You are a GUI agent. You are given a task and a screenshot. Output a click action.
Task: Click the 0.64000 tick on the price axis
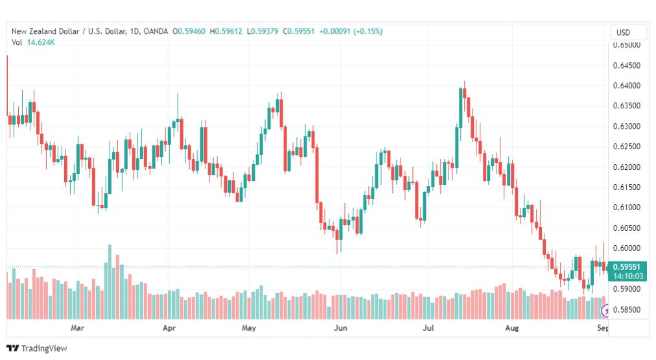(626, 86)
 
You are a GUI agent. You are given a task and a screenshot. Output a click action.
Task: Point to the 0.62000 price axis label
(626, 167)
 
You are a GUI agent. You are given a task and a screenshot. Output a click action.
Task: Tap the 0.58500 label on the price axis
(626, 309)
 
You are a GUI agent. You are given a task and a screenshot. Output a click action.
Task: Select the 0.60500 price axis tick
(626, 228)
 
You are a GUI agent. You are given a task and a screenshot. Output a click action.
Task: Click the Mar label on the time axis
(77, 328)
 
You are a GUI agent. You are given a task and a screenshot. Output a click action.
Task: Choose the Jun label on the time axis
(340, 328)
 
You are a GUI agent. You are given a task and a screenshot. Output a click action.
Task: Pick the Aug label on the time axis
(511, 328)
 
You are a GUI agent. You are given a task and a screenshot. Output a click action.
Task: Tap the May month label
(248, 328)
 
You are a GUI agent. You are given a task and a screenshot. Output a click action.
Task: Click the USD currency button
(623, 32)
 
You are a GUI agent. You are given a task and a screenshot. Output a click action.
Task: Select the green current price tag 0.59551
(626, 267)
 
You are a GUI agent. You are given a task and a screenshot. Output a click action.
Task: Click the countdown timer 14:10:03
(628, 276)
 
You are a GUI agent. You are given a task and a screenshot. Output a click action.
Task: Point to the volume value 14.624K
(41, 42)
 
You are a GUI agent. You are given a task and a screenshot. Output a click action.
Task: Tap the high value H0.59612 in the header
(226, 31)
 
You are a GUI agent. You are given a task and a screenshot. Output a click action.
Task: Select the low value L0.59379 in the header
(263, 31)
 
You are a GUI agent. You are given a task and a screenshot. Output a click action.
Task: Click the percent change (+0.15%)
(368, 31)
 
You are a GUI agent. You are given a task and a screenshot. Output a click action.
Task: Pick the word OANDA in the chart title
(156, 31)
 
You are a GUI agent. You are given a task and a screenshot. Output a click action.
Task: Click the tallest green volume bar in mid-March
(110, 282)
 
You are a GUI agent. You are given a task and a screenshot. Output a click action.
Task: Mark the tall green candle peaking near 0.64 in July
(461, 108)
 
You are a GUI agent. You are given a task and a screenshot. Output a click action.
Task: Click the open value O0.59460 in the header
(189, 31)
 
